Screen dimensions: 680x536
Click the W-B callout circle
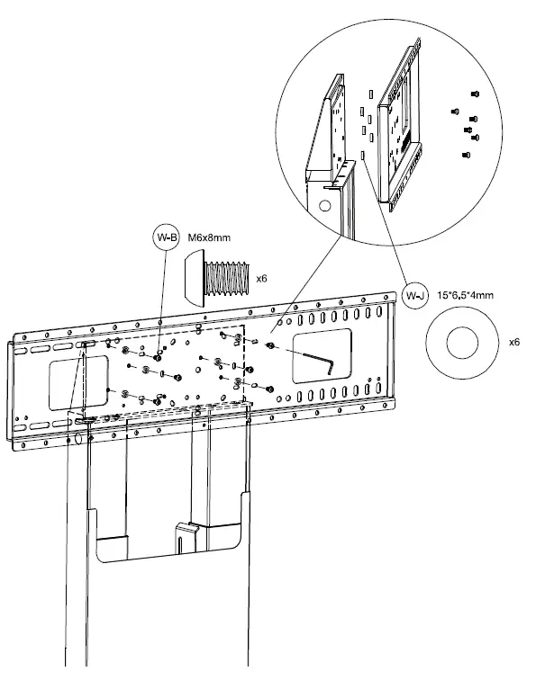tap(167, 238)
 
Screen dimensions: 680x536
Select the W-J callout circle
tap(415, 295)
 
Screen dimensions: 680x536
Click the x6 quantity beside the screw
tap(261, 279)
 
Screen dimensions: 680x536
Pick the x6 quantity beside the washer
tap(514, 342)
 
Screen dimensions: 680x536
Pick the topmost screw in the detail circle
tap(475, 94)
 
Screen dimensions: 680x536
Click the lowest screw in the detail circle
tap(465, 155)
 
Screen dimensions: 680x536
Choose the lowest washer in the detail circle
tap(363, 155)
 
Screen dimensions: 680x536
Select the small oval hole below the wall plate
tap(77, 440)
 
